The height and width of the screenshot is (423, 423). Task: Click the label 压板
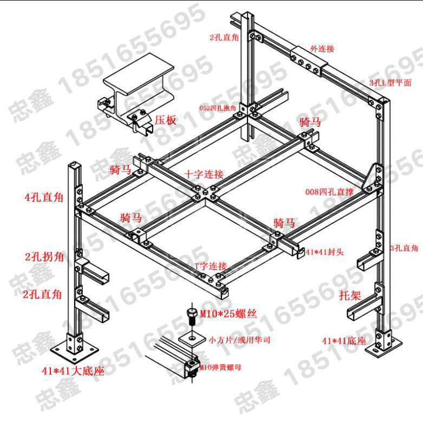(165, 120)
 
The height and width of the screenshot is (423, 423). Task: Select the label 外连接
(322, 48)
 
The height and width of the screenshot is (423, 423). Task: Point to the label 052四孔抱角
(218, 108)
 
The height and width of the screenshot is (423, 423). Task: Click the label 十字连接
(204, 174)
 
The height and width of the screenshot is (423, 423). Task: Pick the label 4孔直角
(44, 197)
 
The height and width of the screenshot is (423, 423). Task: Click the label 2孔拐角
(44, 256)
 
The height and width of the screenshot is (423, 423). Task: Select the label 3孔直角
(404, 248)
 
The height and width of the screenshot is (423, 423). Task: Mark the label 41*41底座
(343, 341)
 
